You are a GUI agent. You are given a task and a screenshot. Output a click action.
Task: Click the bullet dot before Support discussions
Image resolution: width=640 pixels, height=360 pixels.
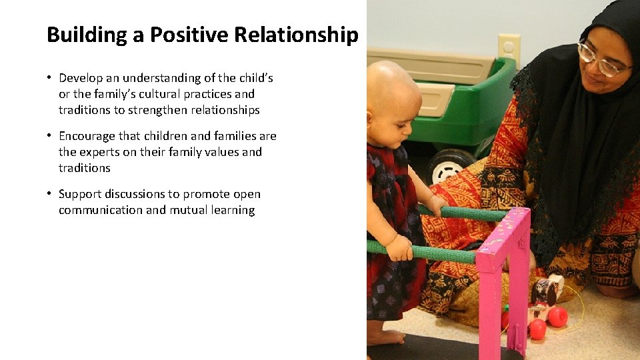(x=49, y=194)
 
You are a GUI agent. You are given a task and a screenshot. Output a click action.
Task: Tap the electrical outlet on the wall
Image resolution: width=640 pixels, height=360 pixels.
(x=509, y=48)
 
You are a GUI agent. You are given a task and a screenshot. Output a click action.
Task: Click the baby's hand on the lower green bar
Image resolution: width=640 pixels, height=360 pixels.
(x=399, y=248)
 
